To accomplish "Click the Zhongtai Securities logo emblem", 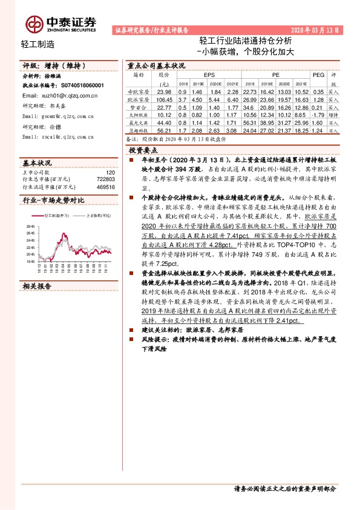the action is coord(34,24).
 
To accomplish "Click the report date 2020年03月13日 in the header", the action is coord(315,29).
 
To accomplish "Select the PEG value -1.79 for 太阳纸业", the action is coord(314,114).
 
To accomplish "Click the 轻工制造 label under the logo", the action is coord(38,43).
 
